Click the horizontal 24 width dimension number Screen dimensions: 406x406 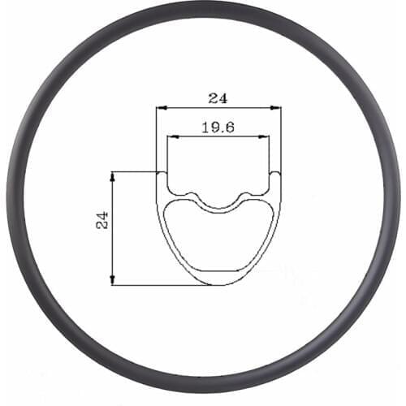pos(218,98)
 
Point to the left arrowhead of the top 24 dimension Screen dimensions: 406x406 pos(160,106)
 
